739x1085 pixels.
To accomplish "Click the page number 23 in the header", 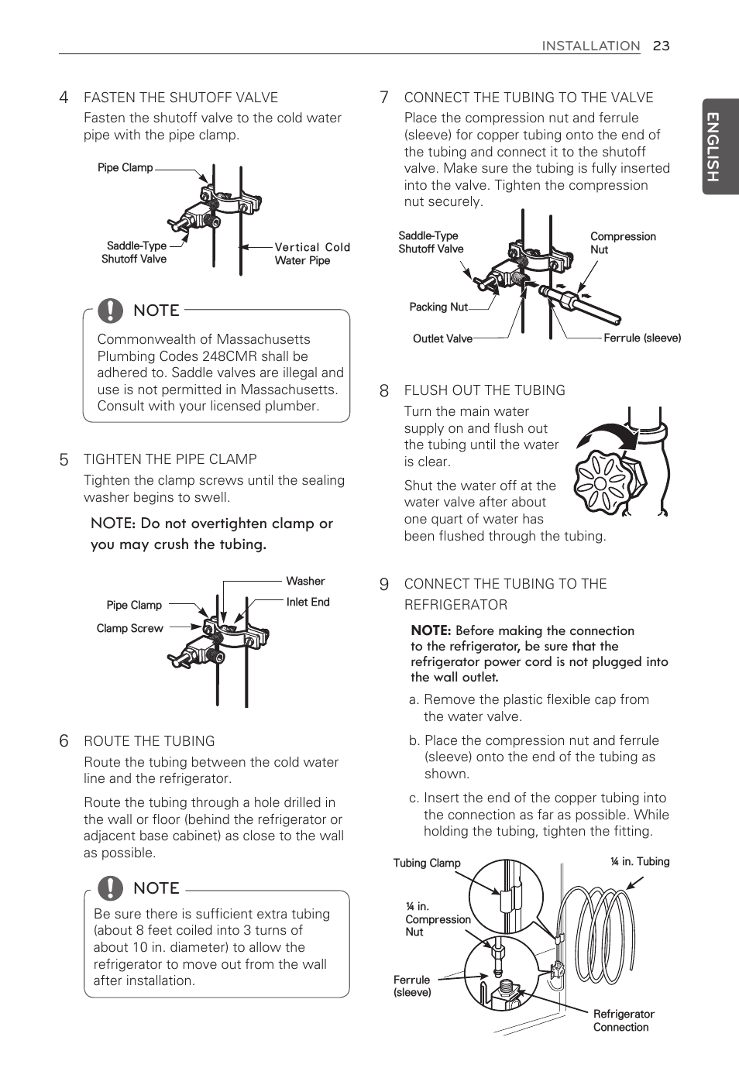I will [661, 46].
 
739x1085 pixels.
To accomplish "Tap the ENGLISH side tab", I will [720, 146].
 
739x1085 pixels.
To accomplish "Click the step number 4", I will [64, 98].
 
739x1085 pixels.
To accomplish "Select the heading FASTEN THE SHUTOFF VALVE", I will [180, 98].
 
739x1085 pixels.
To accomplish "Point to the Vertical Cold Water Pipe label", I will [311, 253].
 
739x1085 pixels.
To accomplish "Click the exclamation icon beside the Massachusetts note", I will [111, 311].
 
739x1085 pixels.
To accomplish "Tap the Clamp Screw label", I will [129, 628].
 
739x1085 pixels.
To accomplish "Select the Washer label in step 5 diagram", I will [305, 581].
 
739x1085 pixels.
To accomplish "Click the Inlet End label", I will [308, 602].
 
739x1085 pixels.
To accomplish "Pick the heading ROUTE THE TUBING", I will [149, 741].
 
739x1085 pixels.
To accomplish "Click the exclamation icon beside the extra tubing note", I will [111, 888].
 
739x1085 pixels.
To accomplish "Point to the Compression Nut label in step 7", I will [622, 242].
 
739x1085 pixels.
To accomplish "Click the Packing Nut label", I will [438, 307].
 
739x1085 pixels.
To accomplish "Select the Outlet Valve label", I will [442, 338].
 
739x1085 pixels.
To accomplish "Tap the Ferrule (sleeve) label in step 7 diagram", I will [642, 338].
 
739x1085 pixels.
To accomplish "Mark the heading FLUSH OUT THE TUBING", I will [484, 390].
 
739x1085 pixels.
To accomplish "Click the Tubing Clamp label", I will [427, 863].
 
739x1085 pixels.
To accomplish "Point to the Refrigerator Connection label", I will [624, 1020].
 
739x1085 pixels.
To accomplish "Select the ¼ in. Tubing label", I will [640, 861].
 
